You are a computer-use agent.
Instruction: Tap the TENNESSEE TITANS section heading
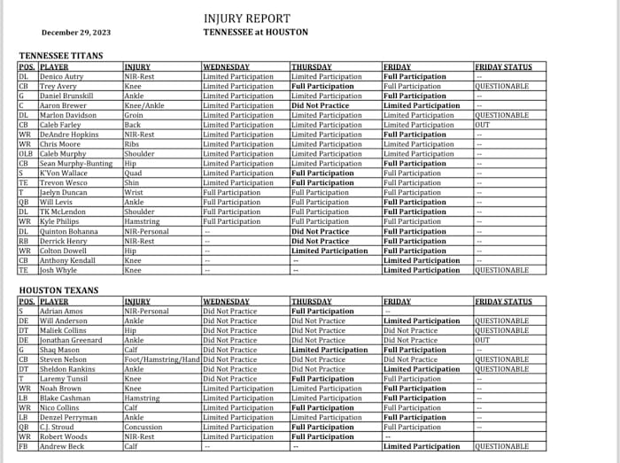[x=60, y=56]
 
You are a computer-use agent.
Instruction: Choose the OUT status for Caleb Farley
[x=484, y=125]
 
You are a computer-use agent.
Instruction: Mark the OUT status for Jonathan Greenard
[x=484, y=340]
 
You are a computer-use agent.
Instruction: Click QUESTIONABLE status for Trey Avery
[x=501, y=87]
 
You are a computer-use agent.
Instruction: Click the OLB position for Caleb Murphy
[x=26, y=154]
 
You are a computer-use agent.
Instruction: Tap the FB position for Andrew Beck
[x=23, y=446]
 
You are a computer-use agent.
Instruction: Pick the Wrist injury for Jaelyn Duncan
[x=135, y=192]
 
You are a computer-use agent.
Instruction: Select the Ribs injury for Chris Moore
[x=133, y=144]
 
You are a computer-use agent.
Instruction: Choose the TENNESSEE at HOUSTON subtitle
[x=255, y=32]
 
